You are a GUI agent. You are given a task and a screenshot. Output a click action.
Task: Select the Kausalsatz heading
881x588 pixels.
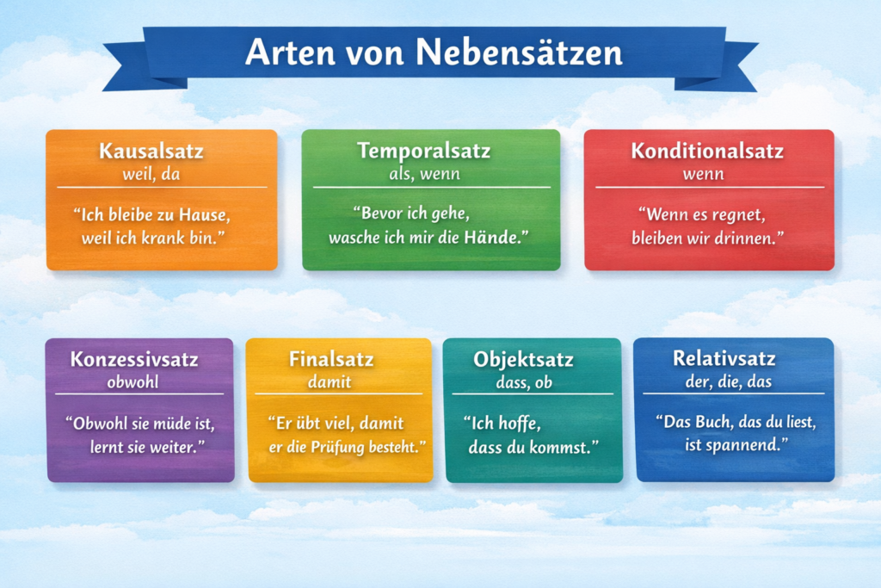[x=151, y=151]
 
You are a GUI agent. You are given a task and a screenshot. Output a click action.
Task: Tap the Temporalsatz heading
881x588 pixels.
[x=424, y=151]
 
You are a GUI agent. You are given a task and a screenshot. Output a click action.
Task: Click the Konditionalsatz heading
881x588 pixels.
[x=707, y=151]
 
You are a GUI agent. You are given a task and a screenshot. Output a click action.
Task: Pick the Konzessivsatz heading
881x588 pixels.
[x=134, y=358]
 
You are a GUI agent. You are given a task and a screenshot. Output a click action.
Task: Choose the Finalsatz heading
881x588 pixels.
[x=331, y=358]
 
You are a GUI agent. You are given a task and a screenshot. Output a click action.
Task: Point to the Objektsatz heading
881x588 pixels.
[x=523, y=359]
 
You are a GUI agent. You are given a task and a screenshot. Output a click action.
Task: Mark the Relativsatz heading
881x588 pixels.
[x=724, y=358]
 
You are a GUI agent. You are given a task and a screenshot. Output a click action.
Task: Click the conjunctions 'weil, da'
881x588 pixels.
[x=151, y=174]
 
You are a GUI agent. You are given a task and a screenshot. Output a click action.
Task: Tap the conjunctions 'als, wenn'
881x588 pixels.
[x=424, y=174]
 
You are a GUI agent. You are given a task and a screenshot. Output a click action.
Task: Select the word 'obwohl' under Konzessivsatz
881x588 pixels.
[x=134, y=381]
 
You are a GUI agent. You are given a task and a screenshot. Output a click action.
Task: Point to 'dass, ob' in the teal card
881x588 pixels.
[x=523, y=382]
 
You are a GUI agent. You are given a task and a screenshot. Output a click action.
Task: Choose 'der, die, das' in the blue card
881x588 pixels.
[x=724, y=381]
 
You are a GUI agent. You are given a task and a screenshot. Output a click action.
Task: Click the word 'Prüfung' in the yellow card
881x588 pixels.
[x=354, y=446]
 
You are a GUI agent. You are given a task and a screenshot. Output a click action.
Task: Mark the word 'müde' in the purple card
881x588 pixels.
[x=168, y=424]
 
